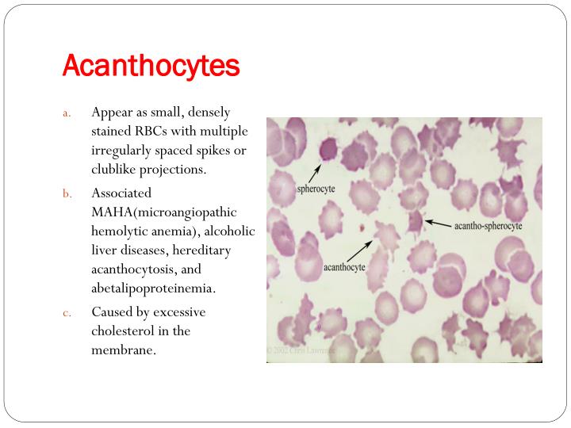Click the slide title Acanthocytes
tap(151, 65)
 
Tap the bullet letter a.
tap(67, 112)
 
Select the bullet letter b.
tap(67, 193)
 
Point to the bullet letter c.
tap(67, 311)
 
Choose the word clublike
tap(118, 169)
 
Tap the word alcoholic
tap(231, 231)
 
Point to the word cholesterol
tap(124, 331)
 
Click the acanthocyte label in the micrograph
tap(344, 267)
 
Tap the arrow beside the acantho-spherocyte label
tap(438, 224)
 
